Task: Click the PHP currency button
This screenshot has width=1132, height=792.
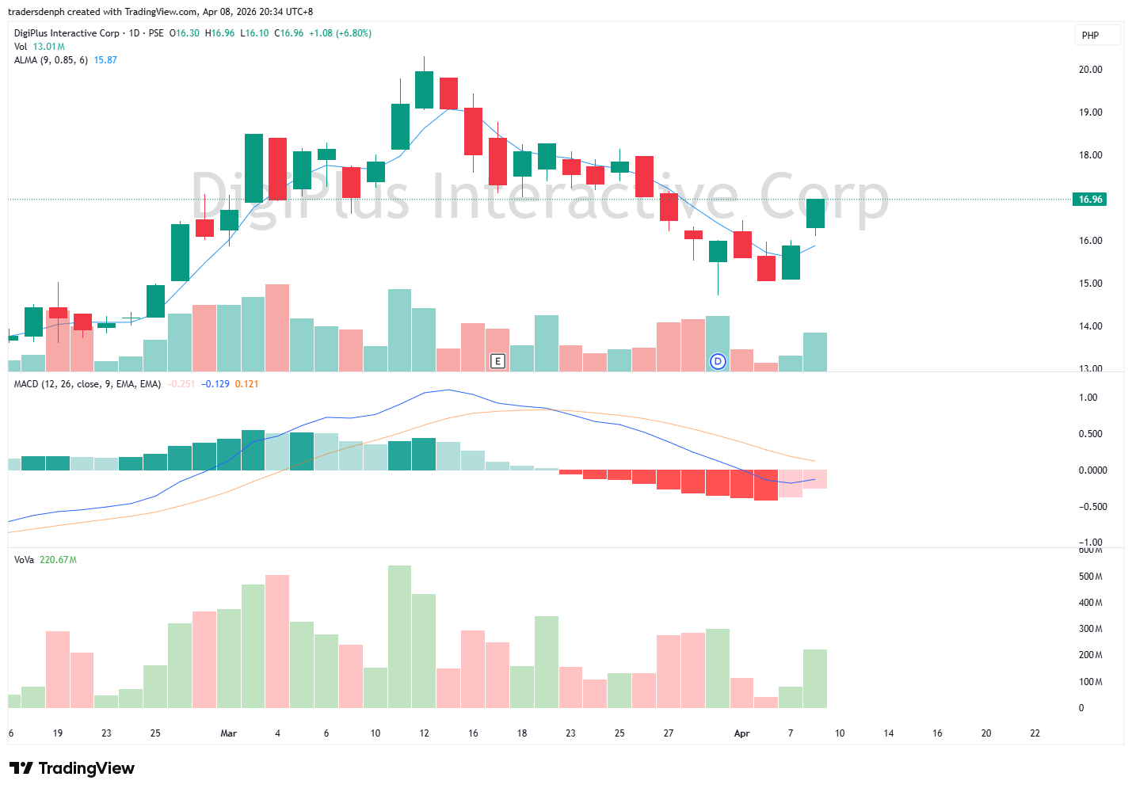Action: tap(1090, 36)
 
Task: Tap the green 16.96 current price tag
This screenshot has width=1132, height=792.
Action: tap(1090, 200)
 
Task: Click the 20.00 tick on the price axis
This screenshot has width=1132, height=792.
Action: tap(1090, 70)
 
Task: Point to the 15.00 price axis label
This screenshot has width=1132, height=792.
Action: tap(1090, 284)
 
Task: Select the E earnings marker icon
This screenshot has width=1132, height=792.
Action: tap(497, 361)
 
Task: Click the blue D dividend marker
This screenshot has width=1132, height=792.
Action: tap(718, 361)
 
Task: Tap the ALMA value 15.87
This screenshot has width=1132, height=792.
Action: tap(105, 60)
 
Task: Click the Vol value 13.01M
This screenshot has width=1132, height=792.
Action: tap(48, 47)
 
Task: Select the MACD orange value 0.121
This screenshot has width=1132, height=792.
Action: tap(246, 384)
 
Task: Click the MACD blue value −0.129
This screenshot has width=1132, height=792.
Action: tap(215, 384)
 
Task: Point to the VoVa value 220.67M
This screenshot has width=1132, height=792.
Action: tap(58, 560)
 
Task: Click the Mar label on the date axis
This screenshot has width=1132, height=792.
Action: tap(228, 733)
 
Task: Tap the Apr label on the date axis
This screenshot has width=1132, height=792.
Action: tap(741, 733)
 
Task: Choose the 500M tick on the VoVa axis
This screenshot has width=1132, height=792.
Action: tap(1090, 577)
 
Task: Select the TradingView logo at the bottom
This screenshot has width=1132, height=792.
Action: tap(72, 768)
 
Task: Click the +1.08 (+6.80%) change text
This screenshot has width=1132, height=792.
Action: tap(340, 33)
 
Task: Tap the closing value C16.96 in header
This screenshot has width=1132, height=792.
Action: tap(288, 33)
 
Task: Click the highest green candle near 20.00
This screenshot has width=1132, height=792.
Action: tap(424, 89)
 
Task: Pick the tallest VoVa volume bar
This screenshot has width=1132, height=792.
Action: tap(399, 636)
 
